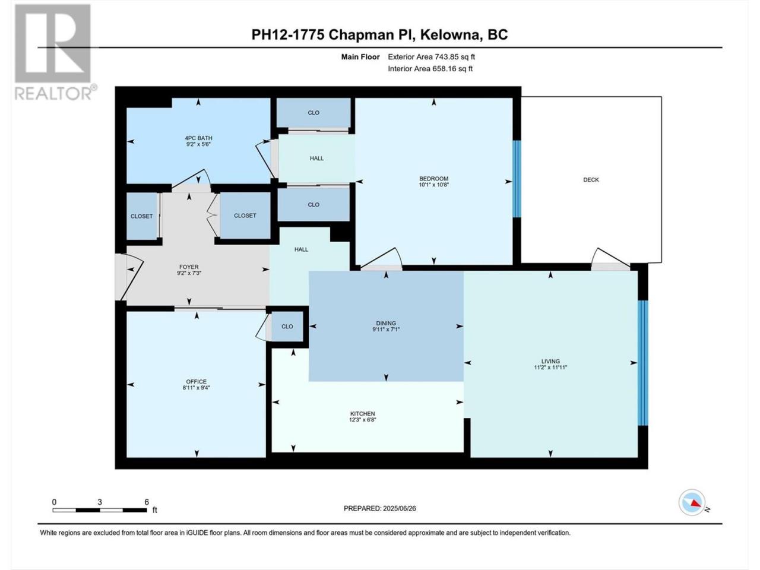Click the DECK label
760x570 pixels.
[591, 180]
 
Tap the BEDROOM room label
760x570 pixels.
[433, 179]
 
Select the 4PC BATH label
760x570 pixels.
[198, 138]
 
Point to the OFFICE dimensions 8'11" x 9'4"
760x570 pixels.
[197, 388]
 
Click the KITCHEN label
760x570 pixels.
[363, 414]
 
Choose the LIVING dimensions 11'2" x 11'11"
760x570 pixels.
[550, 367]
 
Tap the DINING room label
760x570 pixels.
[386, 323]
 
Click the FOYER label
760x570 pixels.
[189, 267]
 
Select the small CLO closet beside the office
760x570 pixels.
[287, 327]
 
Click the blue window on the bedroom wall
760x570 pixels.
[517, 179]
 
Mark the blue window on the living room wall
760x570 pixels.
[642, 363]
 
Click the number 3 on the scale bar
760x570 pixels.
[100, 502]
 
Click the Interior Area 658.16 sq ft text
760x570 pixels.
[430, 68]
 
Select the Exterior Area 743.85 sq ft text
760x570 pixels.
[432, 57]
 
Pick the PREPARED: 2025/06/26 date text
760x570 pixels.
[380, 508]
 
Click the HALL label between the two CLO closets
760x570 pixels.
[316, 158]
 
